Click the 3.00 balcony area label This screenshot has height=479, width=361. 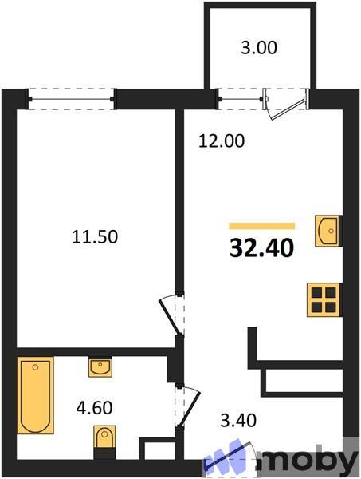tap(259, 48)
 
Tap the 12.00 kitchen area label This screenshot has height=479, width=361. tap(222, 141)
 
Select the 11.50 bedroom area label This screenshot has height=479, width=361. tap(95, 237)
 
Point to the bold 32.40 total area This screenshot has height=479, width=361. tap(261, 247)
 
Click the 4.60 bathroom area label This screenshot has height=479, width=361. tap(94, 407)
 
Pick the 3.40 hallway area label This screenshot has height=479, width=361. tap(238, 420)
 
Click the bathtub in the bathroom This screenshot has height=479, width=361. tap(35, 395)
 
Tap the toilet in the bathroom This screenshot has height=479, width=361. tap(104, 442)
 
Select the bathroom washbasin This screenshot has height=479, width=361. tap(100, 367)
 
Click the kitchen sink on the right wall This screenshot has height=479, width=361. tap(328, 231)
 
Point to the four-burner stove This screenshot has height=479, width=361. tap(324, 300)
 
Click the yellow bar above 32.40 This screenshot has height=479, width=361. tap(262, 226)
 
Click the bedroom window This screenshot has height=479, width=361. tap(71, 99)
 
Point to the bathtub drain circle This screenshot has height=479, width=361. tap(36, 367)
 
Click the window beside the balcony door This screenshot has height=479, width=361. tap(241, 99)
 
